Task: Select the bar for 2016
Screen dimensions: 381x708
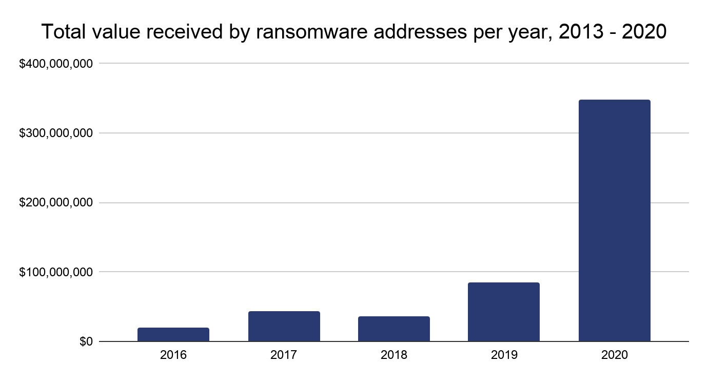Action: [173, 334]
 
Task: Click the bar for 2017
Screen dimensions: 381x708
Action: [284, 326]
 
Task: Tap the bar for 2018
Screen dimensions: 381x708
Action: [394, 329]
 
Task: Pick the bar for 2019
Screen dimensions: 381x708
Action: [504, 312]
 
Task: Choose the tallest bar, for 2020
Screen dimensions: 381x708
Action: [614, 220]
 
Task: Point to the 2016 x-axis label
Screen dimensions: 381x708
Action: [173, 355]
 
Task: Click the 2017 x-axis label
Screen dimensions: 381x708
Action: [284, 355]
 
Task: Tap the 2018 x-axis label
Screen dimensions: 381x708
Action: [394, 355]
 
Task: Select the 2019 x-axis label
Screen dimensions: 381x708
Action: [504, 355]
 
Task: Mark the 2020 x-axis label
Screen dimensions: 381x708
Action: [614, 355]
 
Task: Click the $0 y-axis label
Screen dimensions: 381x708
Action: [86, 341]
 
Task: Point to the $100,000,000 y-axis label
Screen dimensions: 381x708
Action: [56, 272]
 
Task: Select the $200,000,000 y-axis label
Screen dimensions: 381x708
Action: [56, 203]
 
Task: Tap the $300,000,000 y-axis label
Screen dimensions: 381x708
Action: [56, 134]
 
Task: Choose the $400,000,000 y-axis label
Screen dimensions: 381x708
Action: [56, 64]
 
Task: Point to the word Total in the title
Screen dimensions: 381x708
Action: [60, 32]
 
